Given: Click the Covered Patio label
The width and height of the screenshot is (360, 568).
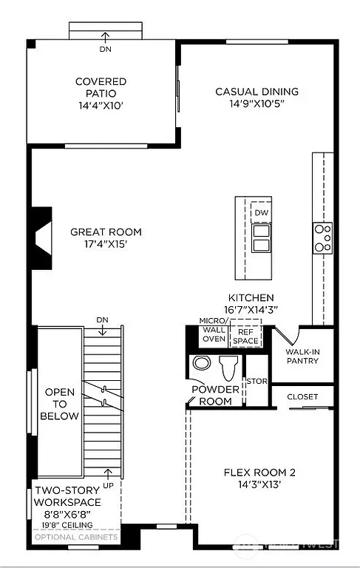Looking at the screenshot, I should [x=101, y=81].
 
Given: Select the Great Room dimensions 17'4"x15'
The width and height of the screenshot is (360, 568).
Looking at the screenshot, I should [x=105, y=244].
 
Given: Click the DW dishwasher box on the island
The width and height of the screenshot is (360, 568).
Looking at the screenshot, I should [x=260, y=212].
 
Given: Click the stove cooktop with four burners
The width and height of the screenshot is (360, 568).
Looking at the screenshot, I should [x=322, y=238].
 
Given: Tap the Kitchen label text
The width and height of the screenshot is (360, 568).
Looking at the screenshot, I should [x=251, y=297].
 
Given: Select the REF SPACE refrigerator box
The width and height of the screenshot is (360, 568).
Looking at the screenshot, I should [x=246, y=337].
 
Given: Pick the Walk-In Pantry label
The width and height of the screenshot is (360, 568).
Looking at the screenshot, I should [x=302, y=356].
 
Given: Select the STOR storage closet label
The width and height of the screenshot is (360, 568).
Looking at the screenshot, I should [x=256, y=382].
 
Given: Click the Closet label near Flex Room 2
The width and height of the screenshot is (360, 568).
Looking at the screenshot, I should [x=302, y=397].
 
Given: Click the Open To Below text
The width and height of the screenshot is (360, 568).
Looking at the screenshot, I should [x=61, y=404].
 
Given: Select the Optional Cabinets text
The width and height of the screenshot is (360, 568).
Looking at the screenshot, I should [x=74, y=538].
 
